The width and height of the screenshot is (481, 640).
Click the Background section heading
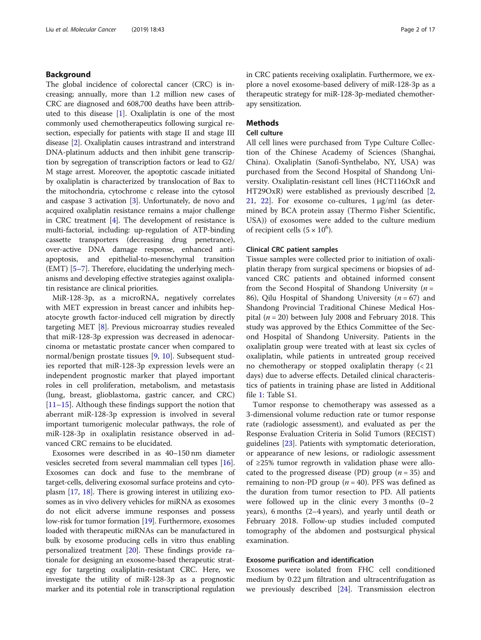pyautogui.click(x=68, y=74)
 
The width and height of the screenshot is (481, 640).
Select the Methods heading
pyautogui.click(x=262, y=123)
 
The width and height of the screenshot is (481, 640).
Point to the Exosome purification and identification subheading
pyautogui.click(x=309, y=559)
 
